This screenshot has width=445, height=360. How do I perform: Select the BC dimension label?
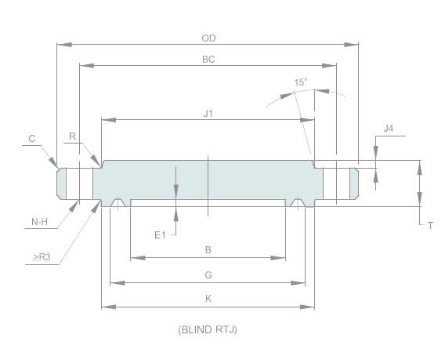(208, 59)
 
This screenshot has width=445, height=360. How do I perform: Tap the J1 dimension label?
(208, 114)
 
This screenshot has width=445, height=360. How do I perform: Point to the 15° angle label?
(301, 82)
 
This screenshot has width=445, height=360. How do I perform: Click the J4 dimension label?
(389, 128)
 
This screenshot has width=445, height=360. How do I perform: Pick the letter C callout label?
(32, 138)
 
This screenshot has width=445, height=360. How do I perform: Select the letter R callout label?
(72, 136)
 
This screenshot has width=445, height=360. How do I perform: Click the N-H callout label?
(40, 222)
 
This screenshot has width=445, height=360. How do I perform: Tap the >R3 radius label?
(42, 256)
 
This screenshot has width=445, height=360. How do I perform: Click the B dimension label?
(208, 250)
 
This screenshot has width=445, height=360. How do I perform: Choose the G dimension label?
(208, 275)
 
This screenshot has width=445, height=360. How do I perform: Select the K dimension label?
(208, 299)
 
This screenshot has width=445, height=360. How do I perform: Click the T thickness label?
(430, 225)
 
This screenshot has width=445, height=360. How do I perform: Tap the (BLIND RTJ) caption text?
(208, 329)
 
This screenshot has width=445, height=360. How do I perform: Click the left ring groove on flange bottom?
(118, 203)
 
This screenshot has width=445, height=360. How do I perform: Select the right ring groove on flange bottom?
(298, 203)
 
